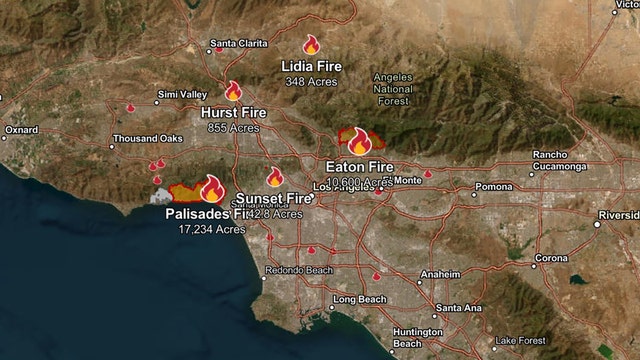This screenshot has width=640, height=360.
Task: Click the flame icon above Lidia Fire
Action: coord(311,45)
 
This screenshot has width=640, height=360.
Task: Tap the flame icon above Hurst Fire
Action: coord(233,91)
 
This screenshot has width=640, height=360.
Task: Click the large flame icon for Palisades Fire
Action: coord(212,188)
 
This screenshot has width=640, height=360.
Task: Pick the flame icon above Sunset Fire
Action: coord(275,177)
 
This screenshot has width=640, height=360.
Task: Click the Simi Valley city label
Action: coord(182,95)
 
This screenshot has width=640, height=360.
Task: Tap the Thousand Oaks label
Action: coord(148,138)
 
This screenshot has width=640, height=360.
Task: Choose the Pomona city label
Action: coord(492,187)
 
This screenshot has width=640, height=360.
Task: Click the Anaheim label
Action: coord(440,274)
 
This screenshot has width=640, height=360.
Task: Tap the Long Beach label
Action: coord(358,300)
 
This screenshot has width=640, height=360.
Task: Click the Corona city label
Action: coord(551,258)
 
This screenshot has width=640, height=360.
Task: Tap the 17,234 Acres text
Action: coord(212,229)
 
